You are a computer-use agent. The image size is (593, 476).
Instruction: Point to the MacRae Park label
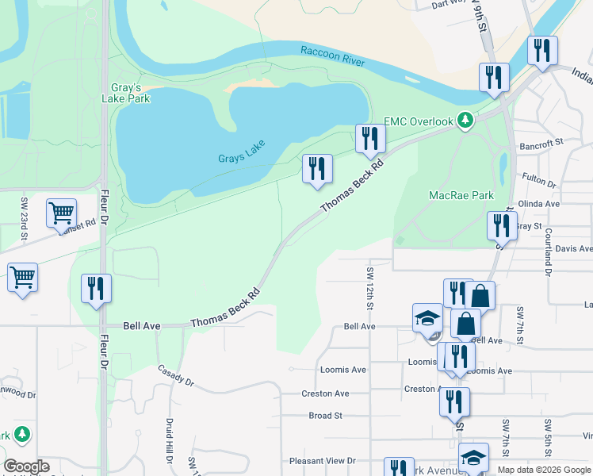461,195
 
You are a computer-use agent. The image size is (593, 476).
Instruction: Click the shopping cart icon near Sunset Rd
61,213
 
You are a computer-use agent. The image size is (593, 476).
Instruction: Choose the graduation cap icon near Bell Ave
428,318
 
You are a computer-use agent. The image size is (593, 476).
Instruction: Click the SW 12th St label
370,287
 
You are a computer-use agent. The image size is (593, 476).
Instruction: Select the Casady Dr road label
175,376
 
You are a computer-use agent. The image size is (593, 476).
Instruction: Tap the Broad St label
325,415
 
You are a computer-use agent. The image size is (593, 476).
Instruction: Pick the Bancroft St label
541,146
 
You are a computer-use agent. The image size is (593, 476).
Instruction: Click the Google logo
27,466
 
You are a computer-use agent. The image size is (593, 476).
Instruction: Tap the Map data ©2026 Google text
544,470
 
